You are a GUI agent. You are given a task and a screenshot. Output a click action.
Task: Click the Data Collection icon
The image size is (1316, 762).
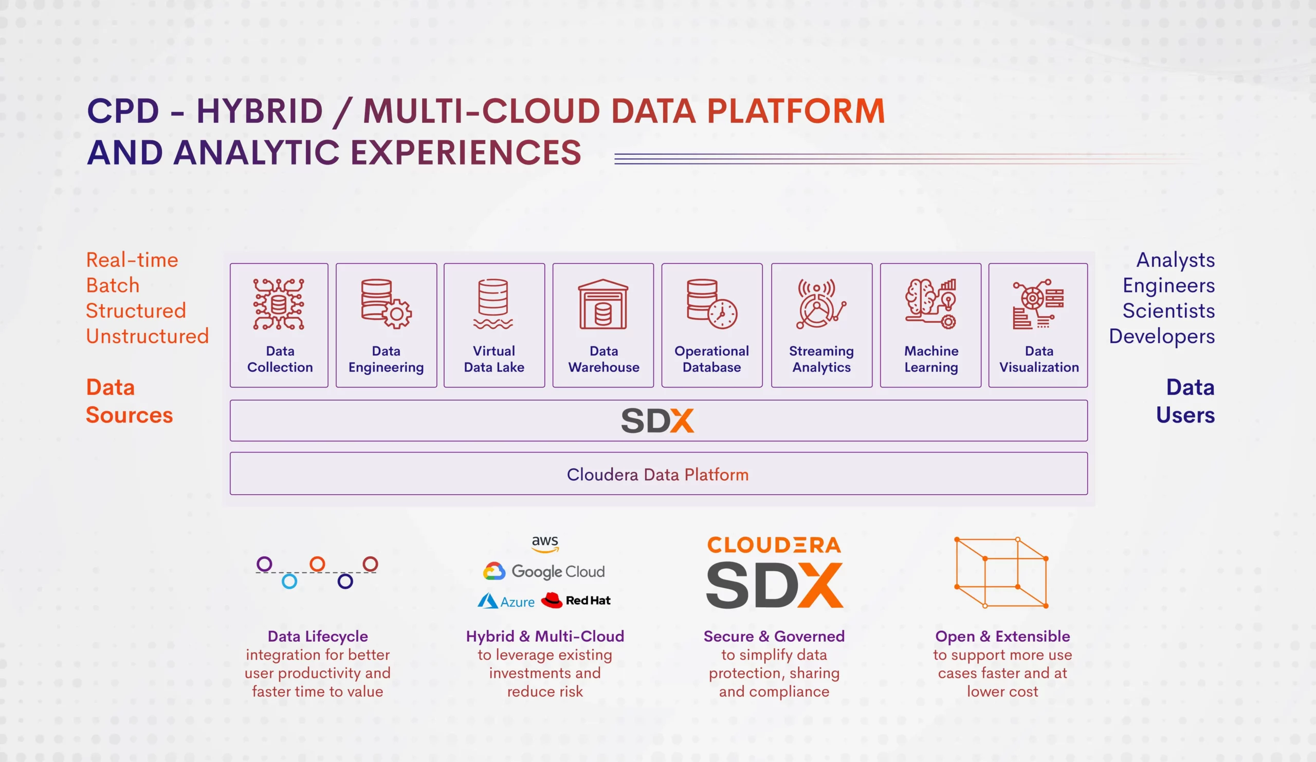click(x=278, y=304)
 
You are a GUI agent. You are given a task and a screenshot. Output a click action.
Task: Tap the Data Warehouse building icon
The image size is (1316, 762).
click(x=603, y=304)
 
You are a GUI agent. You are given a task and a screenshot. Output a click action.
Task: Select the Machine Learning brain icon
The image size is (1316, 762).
click(x=931, y=303)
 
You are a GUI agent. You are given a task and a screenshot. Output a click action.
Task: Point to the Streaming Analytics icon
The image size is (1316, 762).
click(x=821, y=304)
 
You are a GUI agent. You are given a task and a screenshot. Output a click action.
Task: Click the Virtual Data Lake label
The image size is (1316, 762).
click(x=494, y=359)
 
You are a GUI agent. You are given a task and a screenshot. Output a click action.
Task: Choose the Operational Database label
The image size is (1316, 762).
click(x=712, y=359)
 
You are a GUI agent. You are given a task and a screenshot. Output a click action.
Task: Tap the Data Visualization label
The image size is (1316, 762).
click(x=1039, y=359)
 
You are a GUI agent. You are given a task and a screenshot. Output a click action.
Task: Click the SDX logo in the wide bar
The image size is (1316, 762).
click(x=657, y=421)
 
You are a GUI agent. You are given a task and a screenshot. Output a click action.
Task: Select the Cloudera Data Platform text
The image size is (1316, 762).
click(x=657, y=474)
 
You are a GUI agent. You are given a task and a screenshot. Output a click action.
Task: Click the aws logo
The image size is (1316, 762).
click(x=545, y=543)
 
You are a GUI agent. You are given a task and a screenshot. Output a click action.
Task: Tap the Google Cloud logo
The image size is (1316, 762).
click(x=544, y=571)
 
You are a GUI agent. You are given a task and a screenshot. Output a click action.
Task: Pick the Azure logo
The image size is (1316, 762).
click(x=506, y=601)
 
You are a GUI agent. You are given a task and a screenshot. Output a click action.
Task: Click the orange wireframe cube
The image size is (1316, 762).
click(x=1001, y=572)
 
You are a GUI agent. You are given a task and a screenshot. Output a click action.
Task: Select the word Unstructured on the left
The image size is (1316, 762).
click(x=147, y=336)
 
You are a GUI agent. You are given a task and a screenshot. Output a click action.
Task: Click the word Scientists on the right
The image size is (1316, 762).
click(x=1169, y=311)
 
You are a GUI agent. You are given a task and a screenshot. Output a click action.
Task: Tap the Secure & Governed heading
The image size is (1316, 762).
click(x=774, y=636)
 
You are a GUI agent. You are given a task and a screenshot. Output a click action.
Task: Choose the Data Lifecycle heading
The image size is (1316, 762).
click(x=318, y=636)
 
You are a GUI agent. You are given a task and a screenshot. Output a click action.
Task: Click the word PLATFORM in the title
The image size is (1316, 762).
click(x=796, y=111)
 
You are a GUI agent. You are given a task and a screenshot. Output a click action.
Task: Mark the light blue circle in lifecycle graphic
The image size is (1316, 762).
click(x=289, y=582)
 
